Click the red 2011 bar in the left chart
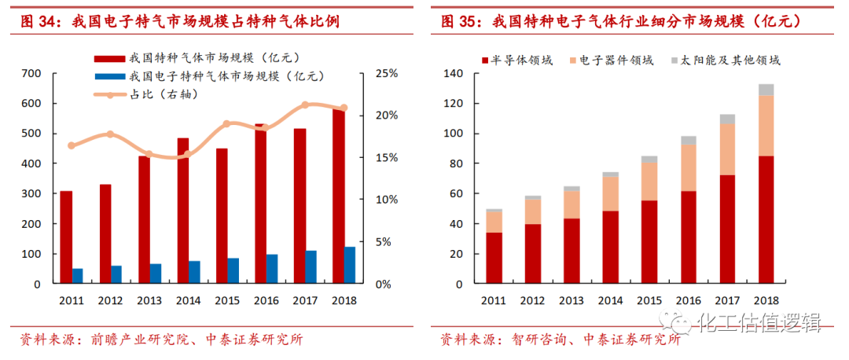coord(66,237)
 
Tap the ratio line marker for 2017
coord(305,105)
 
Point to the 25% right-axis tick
coord(388,73)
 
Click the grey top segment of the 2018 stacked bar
coord(766,90)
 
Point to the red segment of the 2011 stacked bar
coord(494,257)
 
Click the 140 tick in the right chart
coord(455,73)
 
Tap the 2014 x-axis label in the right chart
coord(611,300)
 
